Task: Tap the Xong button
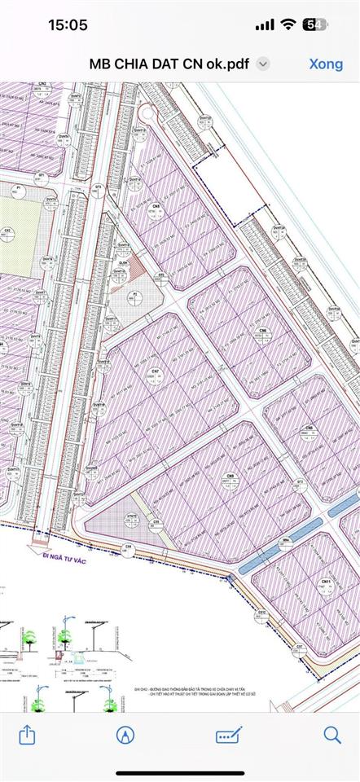pyautogui.click(x=326, y=64)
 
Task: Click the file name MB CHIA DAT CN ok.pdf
pyautogui.click(x=171, y=64)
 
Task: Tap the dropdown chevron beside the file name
pyautogui.click(x=263, y=64)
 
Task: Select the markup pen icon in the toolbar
pyautogui.click(x=125, y=735)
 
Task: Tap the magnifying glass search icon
pyautogui.click(x=332, y=735)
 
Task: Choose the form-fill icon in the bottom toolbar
pyautogui.click(x=229, y=735)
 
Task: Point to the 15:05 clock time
pyautogui.click(x=68, y=24)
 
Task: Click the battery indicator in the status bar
pyautogui.click(x=315, y=24)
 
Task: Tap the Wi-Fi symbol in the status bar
pyautogui.click(x=287, y=24)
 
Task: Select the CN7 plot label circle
pyautogui.click(x=152, y=375)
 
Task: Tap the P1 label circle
pyautogui.click(x=17, y=191)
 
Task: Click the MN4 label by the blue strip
pyautogui.click(x=286, y=540)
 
